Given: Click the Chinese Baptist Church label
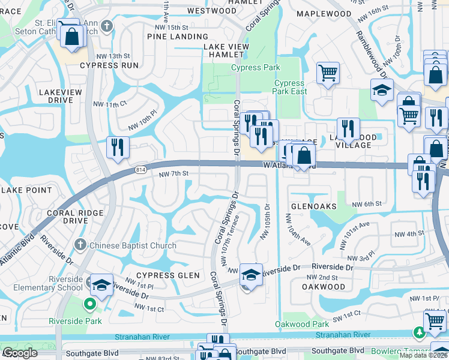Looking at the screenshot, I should point(133,245).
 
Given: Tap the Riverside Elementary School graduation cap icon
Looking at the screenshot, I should point(101,284).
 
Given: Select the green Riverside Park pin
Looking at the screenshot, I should point(90,304).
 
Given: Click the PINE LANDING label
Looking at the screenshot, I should point(178,37).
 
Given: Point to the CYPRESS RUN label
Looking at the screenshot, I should point(109,65).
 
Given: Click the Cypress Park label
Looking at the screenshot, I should point(256,68).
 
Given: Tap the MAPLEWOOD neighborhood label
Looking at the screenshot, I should point(324,13).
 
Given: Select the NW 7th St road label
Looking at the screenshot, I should point(174,173).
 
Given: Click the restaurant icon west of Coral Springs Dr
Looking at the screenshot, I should point(117,147).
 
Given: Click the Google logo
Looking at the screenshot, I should point(20,353).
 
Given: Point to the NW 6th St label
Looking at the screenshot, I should point(367,204).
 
